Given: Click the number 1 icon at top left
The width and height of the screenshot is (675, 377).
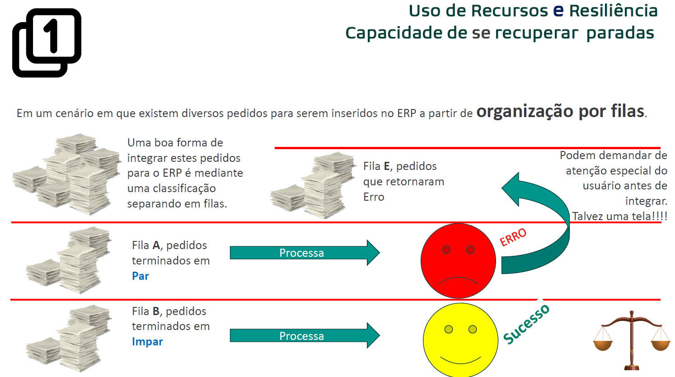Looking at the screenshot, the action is tap(47, 42).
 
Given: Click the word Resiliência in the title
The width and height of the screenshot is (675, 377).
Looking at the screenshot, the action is tap(613, 11).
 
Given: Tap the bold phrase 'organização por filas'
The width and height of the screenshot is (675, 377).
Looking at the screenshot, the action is tap(560, 111).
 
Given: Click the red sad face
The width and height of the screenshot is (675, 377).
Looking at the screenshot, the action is tap(458, 260).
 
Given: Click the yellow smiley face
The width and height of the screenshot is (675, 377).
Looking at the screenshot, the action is tap(460, 340).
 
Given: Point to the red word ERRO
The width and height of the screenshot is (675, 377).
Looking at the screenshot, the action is tap(513, 237).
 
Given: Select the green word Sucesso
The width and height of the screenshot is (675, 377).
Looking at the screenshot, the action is tap(526, 324).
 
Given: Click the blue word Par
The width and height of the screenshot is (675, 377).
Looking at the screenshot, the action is tap(141, 276).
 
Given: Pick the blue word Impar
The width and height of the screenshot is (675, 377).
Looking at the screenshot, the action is tap(147, 342).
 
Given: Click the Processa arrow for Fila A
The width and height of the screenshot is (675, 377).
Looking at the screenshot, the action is tap(305, 253).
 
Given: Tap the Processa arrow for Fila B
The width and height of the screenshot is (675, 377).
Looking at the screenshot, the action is tap(305, 335).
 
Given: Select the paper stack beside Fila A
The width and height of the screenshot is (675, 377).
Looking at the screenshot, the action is tap(69, 260).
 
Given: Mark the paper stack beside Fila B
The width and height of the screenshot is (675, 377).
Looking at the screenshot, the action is tap(69, 339).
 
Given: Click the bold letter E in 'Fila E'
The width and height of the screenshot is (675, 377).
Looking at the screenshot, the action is tap(387, 166).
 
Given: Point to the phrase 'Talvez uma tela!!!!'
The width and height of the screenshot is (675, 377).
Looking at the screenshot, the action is tap(619, 216).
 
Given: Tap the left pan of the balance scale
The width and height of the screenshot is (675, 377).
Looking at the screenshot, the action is tap(603, 344).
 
